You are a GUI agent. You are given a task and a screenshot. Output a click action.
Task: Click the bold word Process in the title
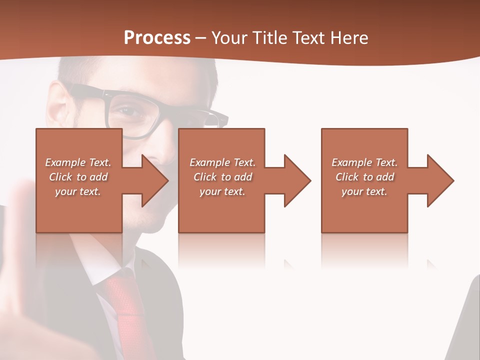pos(157,38)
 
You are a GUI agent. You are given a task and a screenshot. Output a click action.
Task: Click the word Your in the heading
pos(230,38)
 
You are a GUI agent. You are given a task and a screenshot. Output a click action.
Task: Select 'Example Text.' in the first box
pos(78,162)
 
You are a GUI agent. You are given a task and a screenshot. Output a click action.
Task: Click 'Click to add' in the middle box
pos(222,177)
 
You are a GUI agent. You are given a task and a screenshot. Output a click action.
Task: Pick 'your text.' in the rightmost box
pos(364,191)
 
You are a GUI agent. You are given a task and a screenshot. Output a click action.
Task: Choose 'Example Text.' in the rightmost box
pos(364,162)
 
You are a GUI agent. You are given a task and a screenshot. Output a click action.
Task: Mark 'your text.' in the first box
pos(78,191)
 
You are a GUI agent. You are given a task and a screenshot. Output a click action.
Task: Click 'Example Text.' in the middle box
pos(222,162)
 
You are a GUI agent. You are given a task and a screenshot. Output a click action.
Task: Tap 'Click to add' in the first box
pos(78,177)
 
